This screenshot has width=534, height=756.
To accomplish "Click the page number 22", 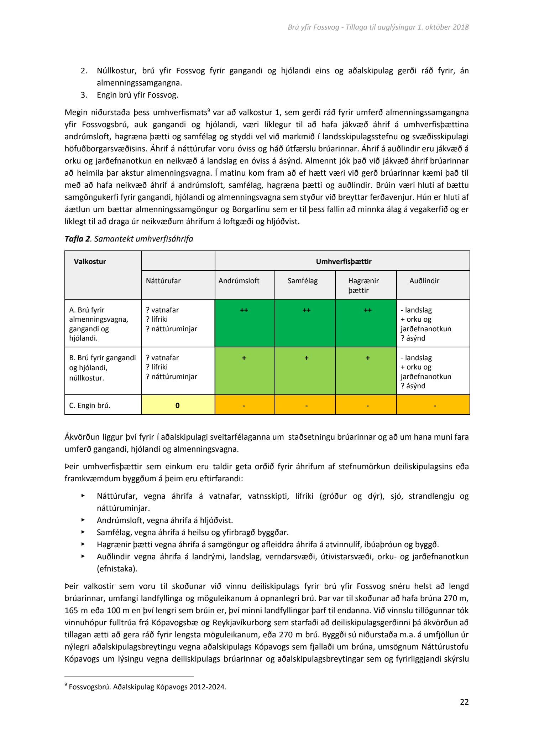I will (464, 702).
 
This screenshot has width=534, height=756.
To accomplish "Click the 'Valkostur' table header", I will (90, 262).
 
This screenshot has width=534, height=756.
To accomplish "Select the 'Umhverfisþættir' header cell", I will (344, 262).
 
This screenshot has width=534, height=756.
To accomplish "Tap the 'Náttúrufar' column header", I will (163, 281).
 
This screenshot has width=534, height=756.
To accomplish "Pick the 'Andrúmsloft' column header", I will (239, 281).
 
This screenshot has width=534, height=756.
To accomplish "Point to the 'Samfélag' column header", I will (303, 281).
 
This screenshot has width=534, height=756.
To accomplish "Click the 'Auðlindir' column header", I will (424, 281).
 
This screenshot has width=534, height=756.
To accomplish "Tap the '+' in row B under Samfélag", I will (307, 358).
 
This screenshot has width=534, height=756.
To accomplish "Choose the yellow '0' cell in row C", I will (178, 405).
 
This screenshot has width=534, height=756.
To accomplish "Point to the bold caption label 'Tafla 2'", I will (77, 239).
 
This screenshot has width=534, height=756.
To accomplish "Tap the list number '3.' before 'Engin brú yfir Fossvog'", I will (84, 95).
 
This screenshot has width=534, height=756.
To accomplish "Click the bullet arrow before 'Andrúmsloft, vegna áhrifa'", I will (83, 520).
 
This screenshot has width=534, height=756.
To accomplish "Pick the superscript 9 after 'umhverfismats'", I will (208, 110).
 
